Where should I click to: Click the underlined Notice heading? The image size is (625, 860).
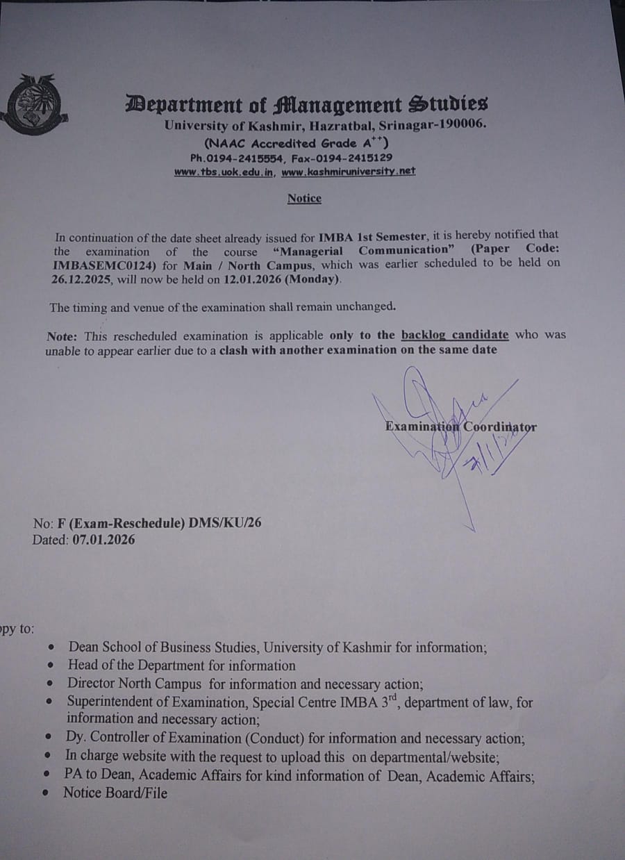[304, 199]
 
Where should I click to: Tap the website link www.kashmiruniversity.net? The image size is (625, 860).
[349, 171]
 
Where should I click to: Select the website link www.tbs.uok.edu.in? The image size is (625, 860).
[224, 172]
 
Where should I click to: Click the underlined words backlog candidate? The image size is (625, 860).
[455, 335]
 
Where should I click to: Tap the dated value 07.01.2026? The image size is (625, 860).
[103, 539]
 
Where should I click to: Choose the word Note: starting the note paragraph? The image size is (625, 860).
[61, 336]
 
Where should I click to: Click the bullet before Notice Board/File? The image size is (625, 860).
[45, 793]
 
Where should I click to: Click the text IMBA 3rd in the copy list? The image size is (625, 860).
[370, 702]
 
